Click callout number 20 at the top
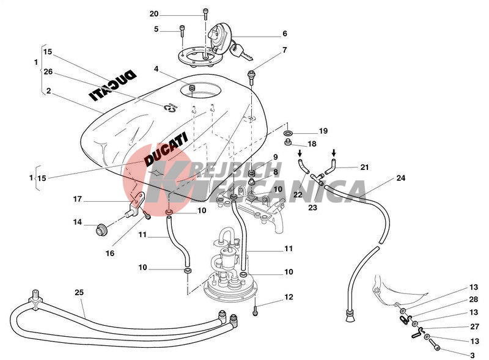(x=154, y=14)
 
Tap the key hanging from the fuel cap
(x=241, y=51)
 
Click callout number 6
(x=284, y=34)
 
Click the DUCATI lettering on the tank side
(x=166, y=149)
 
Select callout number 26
(x=48, y=72)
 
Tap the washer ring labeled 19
(x=288, y=133)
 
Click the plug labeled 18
(x=288, y=143)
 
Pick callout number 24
(x=401, y=178)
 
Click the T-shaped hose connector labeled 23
(x=317, y=178)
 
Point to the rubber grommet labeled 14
(x=101, y=230)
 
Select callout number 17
(x=78, y=199)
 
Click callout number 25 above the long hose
(x=79, y=292)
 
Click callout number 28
(x=473, y=299)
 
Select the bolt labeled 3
(x=435, y=344)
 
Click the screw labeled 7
(x=251, y=76)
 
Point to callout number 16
(x=110, y=253)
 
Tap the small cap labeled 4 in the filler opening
(x=193, y=87)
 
